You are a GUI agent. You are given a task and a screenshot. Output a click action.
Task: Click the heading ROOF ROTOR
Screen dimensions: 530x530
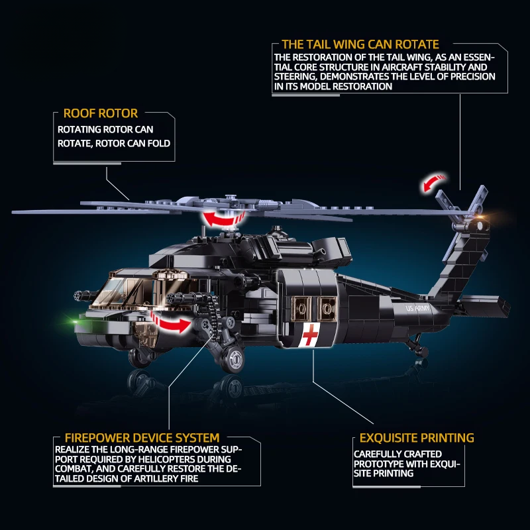click(101, 114)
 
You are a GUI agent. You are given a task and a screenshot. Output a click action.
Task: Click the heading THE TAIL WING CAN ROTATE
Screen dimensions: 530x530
click(360, 44)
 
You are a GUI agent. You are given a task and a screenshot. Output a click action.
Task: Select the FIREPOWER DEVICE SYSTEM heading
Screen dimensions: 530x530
click(142, 438)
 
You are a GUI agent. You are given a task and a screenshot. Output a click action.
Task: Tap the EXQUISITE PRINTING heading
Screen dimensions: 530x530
click(417, 438)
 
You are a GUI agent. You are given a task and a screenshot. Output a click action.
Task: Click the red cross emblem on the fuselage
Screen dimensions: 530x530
click(310, 336)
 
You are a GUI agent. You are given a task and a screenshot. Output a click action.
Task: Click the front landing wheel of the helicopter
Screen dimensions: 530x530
click(234, 358)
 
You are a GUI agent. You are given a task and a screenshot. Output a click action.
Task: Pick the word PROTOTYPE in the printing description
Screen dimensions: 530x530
click(378, 464)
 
